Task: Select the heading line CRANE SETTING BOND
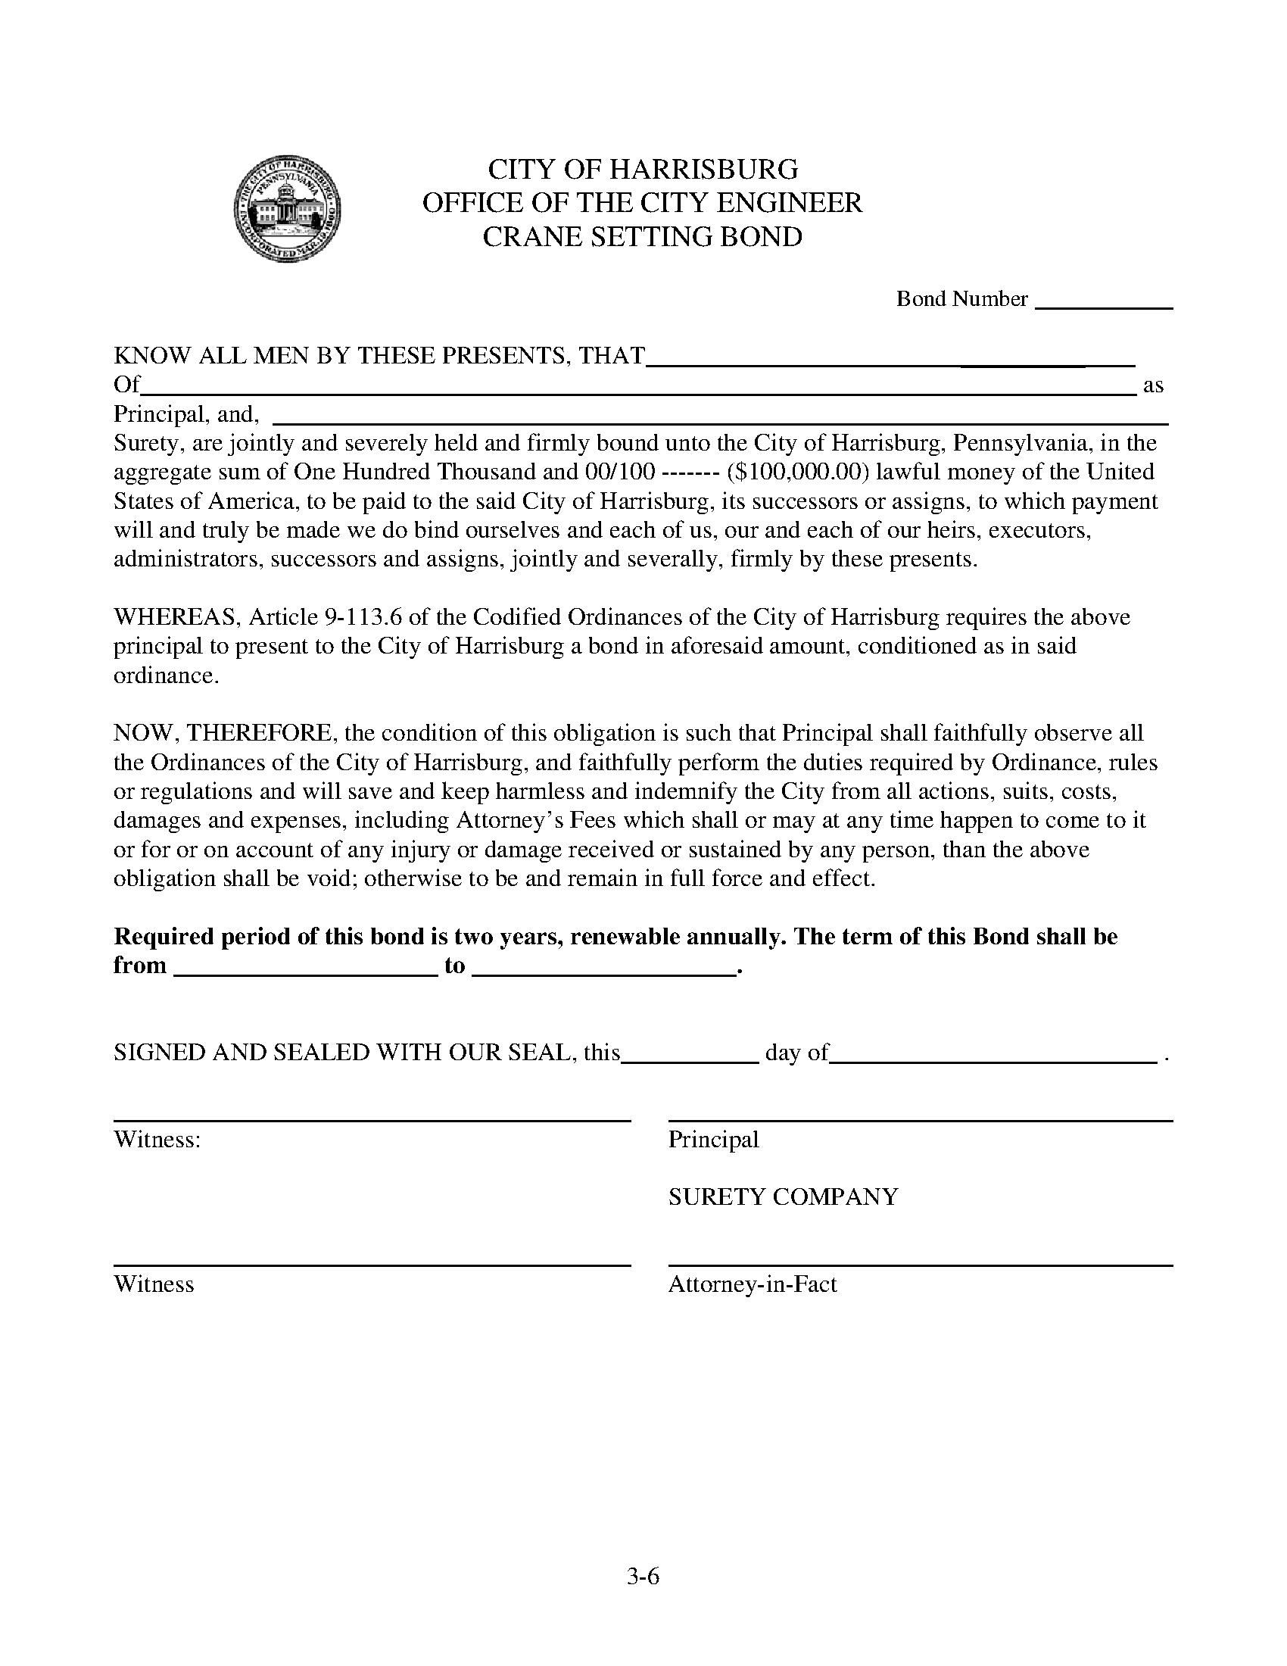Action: click(x=643, y=236)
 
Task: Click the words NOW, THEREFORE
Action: click(x=223, y=733)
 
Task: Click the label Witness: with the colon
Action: click(x=157, y=1139)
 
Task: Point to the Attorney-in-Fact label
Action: click(x=753, y=1284)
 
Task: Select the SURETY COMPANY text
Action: click(x=783, y=1196)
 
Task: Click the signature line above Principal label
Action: click(x=920, y=1121)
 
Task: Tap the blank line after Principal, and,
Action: click(x=720, y=421)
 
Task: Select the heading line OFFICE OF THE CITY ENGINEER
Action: click(x=643, y=202)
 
